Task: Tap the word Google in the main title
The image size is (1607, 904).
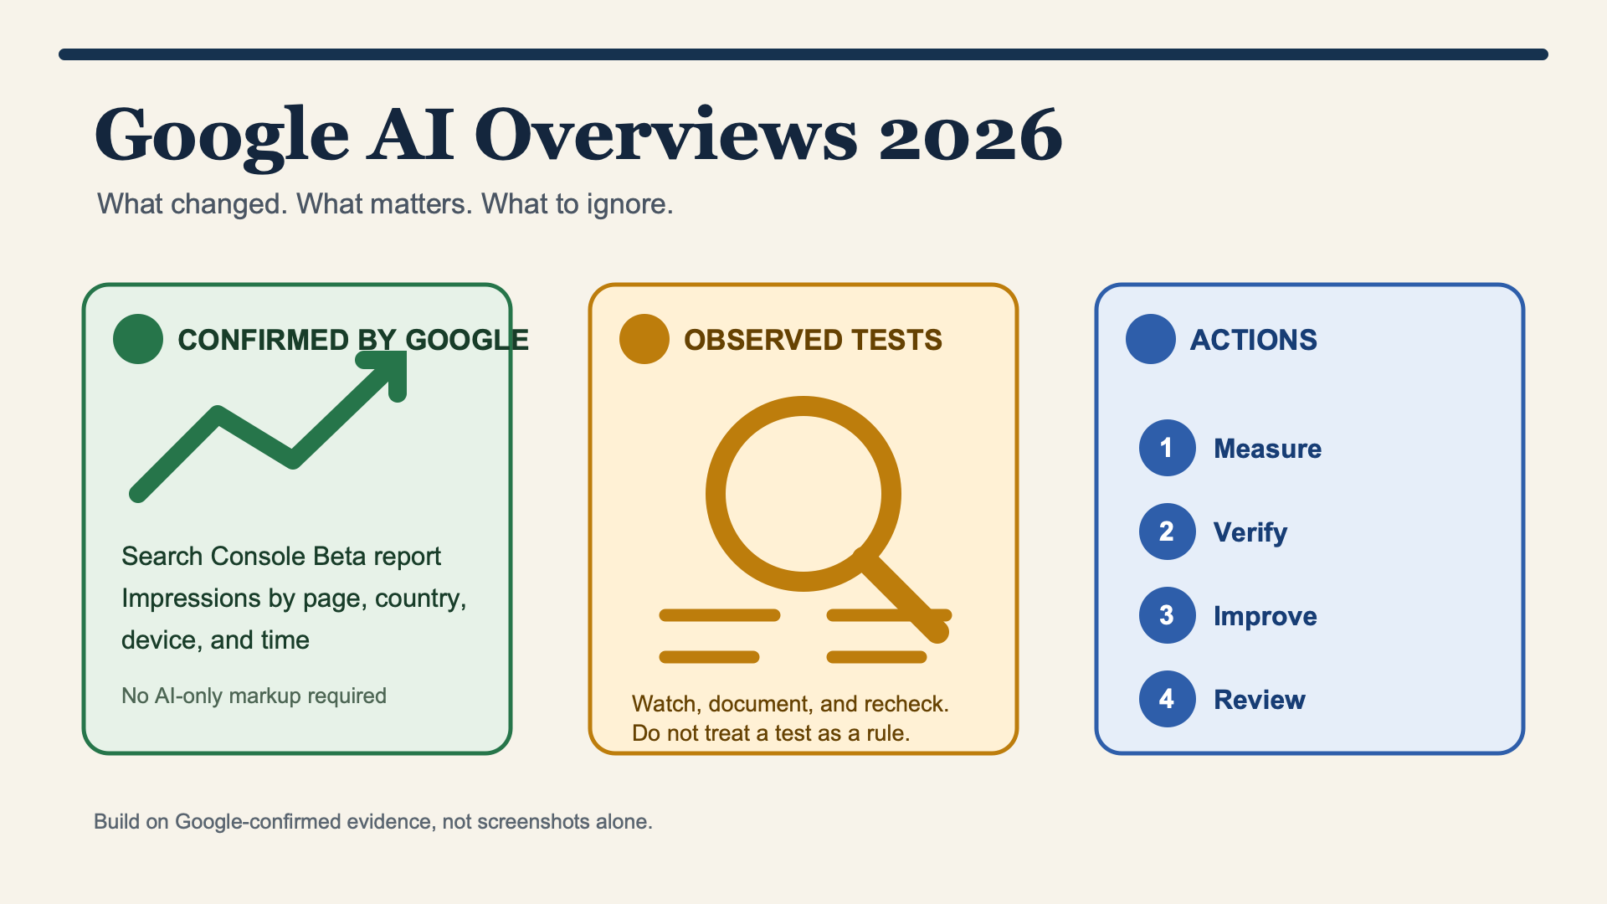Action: coord(222,137)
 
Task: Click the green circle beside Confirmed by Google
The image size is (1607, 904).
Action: coord(138,339)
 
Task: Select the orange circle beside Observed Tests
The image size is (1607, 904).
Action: coord(644,339)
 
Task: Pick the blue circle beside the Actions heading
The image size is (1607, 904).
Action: coord(1151,339)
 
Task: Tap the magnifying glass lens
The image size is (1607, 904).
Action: coord(803,494)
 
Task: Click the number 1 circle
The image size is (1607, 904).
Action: coord(1168,448)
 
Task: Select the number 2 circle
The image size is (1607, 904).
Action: coord(1168,532)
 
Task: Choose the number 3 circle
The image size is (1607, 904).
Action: coord(1168,615)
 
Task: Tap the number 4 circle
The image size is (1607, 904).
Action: coord(1168,699)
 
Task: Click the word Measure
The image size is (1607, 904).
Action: coord(1268,449)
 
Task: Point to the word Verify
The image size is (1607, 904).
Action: coord(1250,532)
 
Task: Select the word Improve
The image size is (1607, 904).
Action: coord(1266,616)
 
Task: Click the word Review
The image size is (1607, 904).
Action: coord(1260,700)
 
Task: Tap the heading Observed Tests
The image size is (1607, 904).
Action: coord(814,340)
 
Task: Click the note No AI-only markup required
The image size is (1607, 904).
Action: coord(254,696)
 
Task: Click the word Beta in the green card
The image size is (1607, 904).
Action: coord(341,556)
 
